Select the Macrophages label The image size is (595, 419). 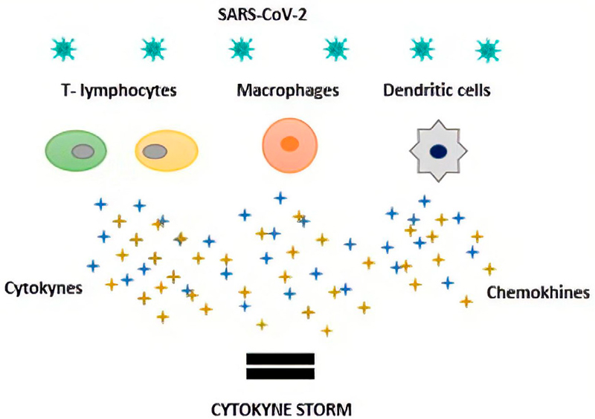point(288,91)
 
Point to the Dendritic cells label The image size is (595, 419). point(436,91)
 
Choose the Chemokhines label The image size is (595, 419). point(538,293)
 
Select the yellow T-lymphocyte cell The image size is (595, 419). point(167,151)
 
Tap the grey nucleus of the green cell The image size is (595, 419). point(83,152)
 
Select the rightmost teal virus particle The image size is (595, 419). point(488,50)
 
